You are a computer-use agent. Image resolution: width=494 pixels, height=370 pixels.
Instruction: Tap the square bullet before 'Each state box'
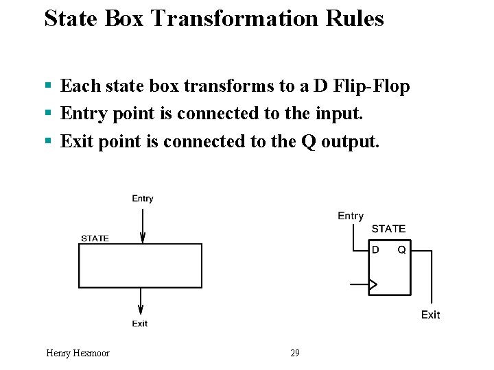48,86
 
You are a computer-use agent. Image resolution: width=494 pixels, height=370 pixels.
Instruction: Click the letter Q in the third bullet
307,141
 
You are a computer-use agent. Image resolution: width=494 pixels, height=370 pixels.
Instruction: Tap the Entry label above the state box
143,199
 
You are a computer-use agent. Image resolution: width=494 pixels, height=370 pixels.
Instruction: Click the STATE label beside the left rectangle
95,238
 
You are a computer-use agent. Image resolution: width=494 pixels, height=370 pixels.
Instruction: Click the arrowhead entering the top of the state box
143,238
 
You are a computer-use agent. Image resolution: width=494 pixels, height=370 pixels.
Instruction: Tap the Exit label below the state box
140,323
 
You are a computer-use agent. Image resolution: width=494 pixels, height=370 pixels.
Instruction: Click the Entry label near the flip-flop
351,216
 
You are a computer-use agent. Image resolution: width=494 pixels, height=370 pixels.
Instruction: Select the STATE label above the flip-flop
388,229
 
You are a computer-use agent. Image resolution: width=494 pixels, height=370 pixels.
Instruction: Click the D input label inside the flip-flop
375,250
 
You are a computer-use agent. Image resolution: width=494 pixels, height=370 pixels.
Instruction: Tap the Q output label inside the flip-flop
401,250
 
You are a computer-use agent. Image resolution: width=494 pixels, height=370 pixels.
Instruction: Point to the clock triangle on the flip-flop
373,284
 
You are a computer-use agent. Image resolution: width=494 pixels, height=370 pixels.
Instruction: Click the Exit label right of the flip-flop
430,314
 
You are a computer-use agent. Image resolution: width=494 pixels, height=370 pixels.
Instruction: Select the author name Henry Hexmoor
78,353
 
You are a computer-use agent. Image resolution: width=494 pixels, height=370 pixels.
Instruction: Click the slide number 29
295,353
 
